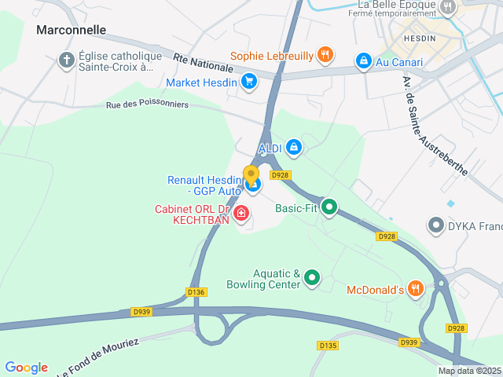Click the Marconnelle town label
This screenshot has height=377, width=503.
pyautogui.click(x=72, y=30)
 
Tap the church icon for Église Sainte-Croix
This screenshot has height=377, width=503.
pyautogui.click(x=67, y=59)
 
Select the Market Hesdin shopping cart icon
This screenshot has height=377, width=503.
pyautogui.click(x=249, y=81)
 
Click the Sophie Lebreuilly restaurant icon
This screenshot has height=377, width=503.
pyautogui.click(x=325, y=55)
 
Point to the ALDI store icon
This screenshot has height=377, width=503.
pyautogui.click(x=293, y=147)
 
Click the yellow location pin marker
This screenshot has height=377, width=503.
pyautogui.click(x=251, y=174)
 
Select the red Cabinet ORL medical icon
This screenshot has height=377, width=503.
pyautogui.click(x=241, y=212)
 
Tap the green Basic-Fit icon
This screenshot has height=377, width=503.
pyautogui.click(x=330, y=207)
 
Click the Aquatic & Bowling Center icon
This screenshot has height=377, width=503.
pyautogui.click(x=313, y=277)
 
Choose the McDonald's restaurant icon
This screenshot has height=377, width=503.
pyautogui.click(x=416, y=289)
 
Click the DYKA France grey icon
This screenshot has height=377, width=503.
pyautogui.click(x=435, y=226)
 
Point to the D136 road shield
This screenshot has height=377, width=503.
pyautogui.click(x=196, y=291)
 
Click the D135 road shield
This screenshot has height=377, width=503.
pyautogui.click(x=328, y=345)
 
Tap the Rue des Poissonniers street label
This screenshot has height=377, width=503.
pyautogui.click(x=148, y=104)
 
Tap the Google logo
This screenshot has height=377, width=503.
pyautogui.click(x=26, y=368)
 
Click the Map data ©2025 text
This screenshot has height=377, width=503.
pyautogui.click(x=468, y=371)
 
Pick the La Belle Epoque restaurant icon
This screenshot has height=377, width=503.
pyautogui.click(x=448, y=7)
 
